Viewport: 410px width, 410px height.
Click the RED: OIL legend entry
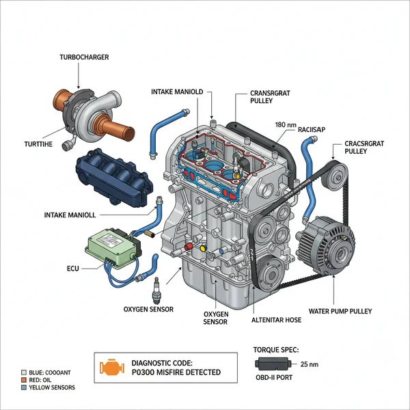(38, 379)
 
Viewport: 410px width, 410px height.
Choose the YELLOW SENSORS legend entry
(49, 387)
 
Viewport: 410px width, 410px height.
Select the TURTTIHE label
(32, 145)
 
